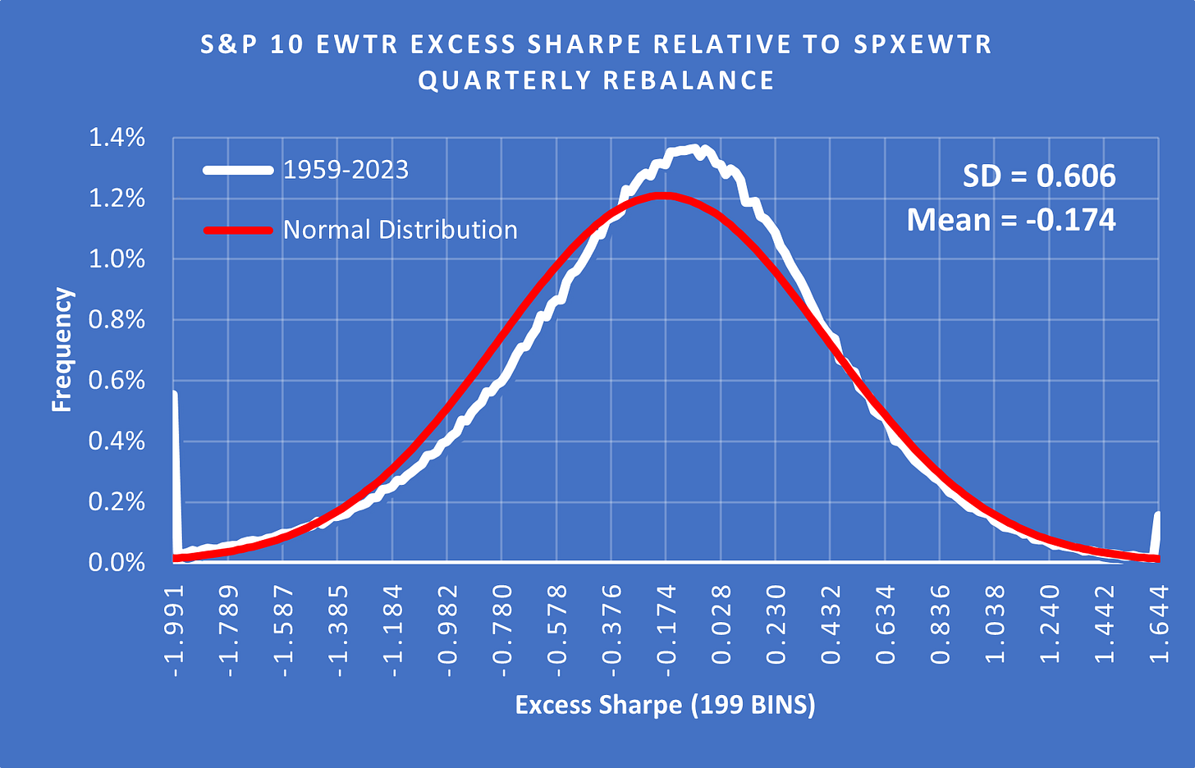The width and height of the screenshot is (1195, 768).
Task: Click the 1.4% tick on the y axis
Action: (117, 138)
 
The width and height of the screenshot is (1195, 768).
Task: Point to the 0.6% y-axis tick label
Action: (117, 381)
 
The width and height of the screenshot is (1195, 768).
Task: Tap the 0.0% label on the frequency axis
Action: (117, 563)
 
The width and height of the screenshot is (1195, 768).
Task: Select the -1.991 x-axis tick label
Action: (175, 631)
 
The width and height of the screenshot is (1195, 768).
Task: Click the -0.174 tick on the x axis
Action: (666, 631)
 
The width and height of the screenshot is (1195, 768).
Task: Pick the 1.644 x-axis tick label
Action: (1159, 631)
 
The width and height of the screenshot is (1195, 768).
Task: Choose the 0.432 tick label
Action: (831, 631)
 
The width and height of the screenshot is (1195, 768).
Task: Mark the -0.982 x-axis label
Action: (448, 631)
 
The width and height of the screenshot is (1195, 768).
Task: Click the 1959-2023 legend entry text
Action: (346, 170)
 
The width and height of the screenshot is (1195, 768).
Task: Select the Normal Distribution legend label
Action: (400, 230)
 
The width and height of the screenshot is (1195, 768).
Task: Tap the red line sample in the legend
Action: (238, 231)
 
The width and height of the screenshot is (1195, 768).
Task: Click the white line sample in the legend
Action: (238, 171)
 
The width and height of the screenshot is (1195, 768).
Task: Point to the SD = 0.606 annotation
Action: (1038, 176)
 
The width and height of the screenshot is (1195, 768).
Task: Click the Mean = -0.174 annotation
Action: (1011, 220)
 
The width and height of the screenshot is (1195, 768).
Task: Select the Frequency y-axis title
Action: (62, 350)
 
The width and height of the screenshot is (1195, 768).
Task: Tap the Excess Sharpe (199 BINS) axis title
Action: (665, 705)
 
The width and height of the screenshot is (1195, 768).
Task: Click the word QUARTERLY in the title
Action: (500, 80)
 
